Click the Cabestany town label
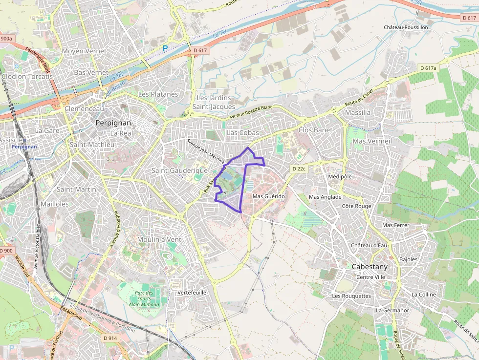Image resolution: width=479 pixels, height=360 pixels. [370, 267]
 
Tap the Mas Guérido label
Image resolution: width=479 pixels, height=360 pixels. [268, 196]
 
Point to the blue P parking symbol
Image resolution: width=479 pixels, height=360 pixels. [165, 48]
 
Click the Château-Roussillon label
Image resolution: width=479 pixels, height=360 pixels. [406, 27]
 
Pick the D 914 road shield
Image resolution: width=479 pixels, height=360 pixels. [110, 338]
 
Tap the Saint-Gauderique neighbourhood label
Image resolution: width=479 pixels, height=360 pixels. [179, 170]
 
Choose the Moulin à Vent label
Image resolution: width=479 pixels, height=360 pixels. [159, 239]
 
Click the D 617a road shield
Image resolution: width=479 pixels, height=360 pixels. [428, 68]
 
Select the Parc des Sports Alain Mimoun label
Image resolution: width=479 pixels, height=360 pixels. [144, 298]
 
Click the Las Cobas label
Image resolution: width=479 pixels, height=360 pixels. [243, 133]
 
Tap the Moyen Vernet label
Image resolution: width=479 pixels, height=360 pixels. [84, 51]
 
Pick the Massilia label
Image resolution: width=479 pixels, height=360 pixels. [358, 112]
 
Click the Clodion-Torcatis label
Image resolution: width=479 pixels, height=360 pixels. [27, 76]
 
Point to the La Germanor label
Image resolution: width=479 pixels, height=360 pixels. [392, 310]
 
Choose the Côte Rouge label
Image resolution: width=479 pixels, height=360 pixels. [356, 206]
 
